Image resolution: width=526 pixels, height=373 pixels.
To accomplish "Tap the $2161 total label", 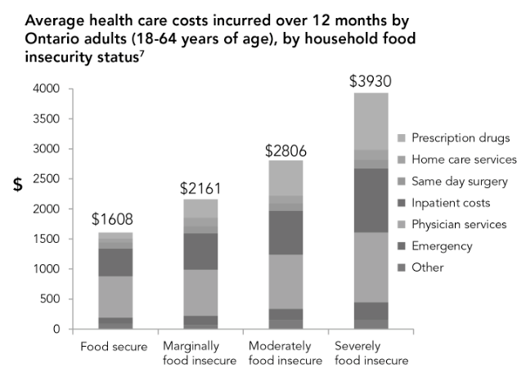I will (x=200, y=188).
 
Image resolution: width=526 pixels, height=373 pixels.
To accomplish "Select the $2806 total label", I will (x=285, y=151).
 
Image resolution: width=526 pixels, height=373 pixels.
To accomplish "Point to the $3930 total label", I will (x=371, y=82).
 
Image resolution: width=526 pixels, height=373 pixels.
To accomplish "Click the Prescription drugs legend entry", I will (x=461, y=137).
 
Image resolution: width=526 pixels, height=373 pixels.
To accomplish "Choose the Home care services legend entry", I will (x=464, y=159).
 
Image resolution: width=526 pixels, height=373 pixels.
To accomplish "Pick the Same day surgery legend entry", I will (x=460, y=181).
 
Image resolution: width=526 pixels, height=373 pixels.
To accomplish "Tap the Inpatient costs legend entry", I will (x=452, y=202).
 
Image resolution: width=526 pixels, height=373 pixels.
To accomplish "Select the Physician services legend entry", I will (x=458, y=224).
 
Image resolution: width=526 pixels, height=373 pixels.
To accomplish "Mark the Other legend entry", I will (x=428, y=267).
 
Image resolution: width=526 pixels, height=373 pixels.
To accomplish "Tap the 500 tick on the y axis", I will (x=52, y=299).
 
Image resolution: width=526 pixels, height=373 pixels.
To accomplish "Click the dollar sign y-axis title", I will (x=17, y=184).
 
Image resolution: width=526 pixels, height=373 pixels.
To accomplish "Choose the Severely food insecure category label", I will (x=371, y=353).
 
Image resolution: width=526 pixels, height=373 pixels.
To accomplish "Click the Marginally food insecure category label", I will (x=200, y=353).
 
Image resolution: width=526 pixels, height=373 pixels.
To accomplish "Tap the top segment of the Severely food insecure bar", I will (x=371, y=121).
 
